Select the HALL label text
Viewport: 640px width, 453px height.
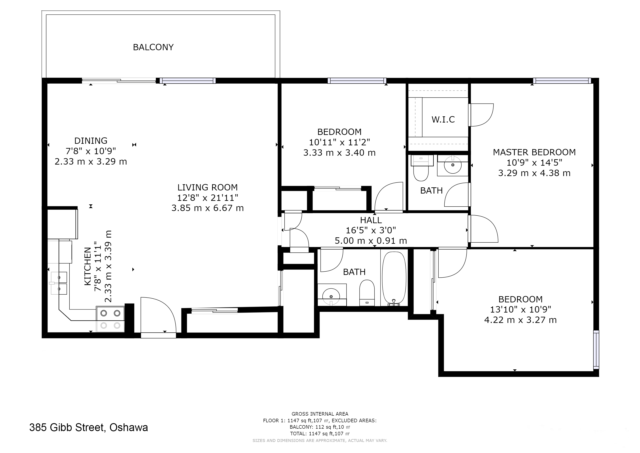coord(371,220)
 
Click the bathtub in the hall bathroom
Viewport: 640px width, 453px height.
coord(394,278)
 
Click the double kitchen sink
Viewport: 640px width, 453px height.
coord(59,283)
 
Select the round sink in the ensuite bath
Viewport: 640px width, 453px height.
coord(453,165)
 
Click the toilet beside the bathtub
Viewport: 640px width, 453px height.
coord(367,293)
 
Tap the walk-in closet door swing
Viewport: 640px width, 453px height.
coord(481,115)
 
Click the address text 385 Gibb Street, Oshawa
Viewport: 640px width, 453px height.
coord(89,427)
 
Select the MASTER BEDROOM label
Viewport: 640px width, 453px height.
coord(534,152)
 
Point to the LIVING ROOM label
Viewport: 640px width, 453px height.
coord(207,187)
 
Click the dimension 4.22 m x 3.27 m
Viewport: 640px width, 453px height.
coord(520,320)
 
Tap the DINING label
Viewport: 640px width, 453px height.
coord(91,141)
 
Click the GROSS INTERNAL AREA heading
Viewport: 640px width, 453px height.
coord(320,414)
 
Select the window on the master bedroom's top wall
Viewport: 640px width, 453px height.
coord(562,81)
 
